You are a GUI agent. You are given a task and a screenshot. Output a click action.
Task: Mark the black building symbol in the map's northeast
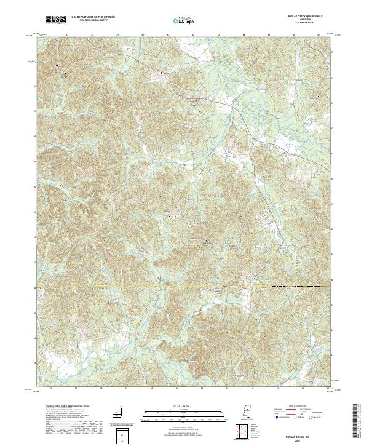pyautogui.click(x=318, y=97)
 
